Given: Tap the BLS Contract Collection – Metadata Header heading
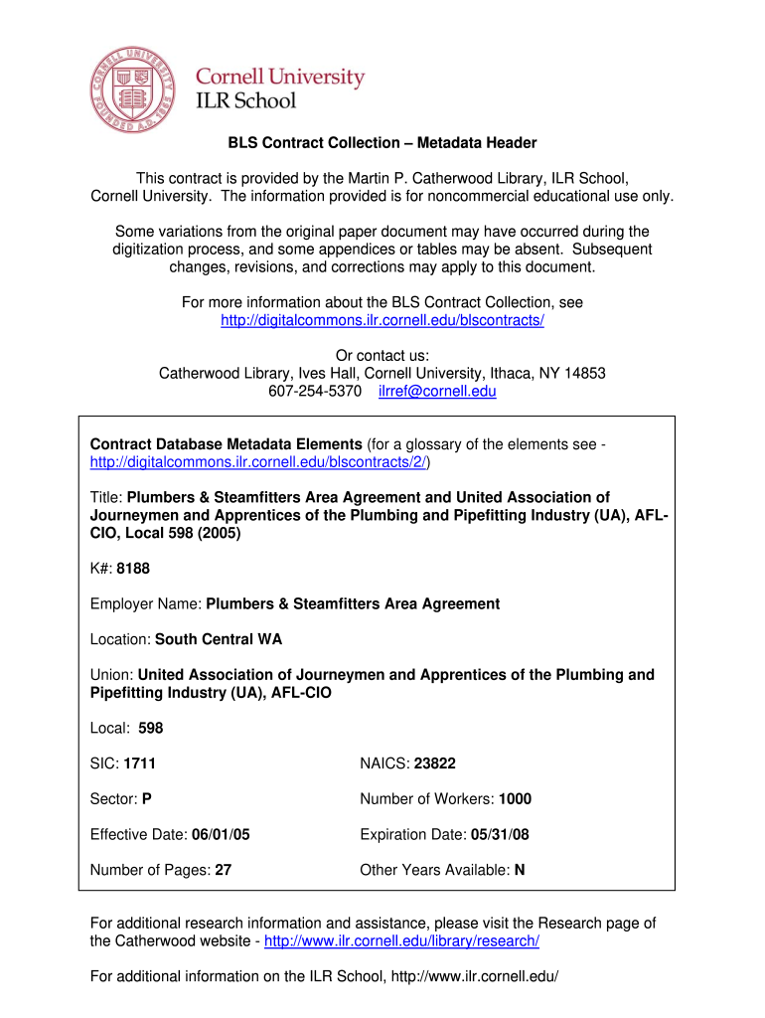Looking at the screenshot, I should pyautogui.click(x=382, y=143).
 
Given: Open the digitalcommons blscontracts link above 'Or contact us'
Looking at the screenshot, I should pyautogui.click(x=382, y=320).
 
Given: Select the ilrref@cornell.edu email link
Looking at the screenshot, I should pyautogui.click(x=437, y=392).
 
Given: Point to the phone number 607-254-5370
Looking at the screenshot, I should pyautogui.click(x=315, y=392).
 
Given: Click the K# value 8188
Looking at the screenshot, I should pyautogui.click(x=133, y=569).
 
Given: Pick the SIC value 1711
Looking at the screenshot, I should pyautogui.click(x=140, y=763).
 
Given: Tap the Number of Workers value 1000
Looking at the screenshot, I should pyautogui.click(x=516, y=799).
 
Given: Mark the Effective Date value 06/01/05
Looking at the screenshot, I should pyautogui.click(x=218, y=835).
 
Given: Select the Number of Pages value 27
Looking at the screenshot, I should pyautogui.click(x=224, y=870).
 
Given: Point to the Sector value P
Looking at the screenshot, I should pyautogui.click(x=147, y=799).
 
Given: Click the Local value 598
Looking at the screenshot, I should pyautogui.click(x=151, y=729).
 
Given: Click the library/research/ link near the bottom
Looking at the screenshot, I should pyautogui.click(x=401, y=941).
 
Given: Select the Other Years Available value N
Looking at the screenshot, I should pyautogui.click(x=520, y=870).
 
